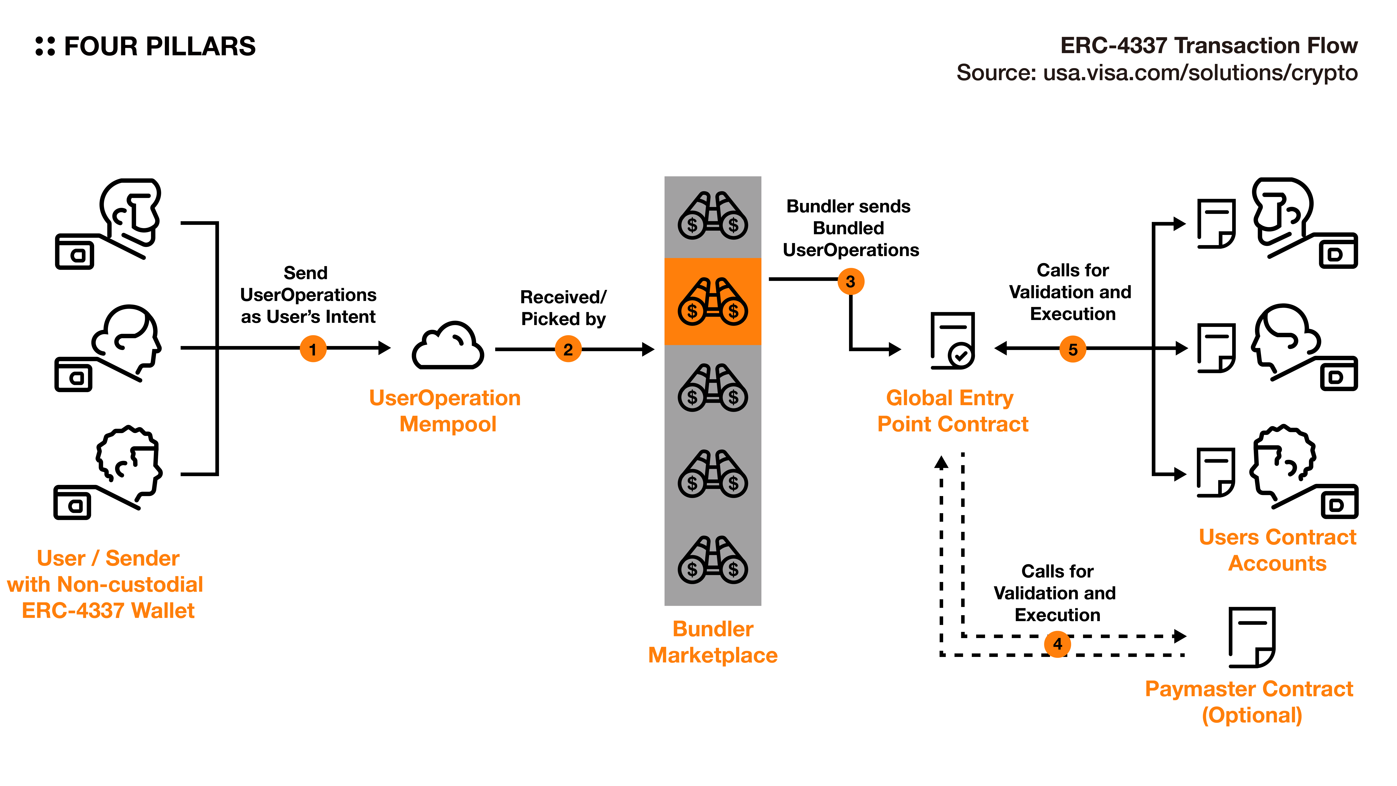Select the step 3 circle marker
[850, 282]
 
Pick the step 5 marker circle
[1073, 349]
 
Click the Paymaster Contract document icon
[1252, 637]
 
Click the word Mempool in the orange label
[448, 424]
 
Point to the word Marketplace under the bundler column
[713, 655]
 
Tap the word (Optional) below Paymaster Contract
[1252, 715]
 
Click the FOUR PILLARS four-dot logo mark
[45, 46]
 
